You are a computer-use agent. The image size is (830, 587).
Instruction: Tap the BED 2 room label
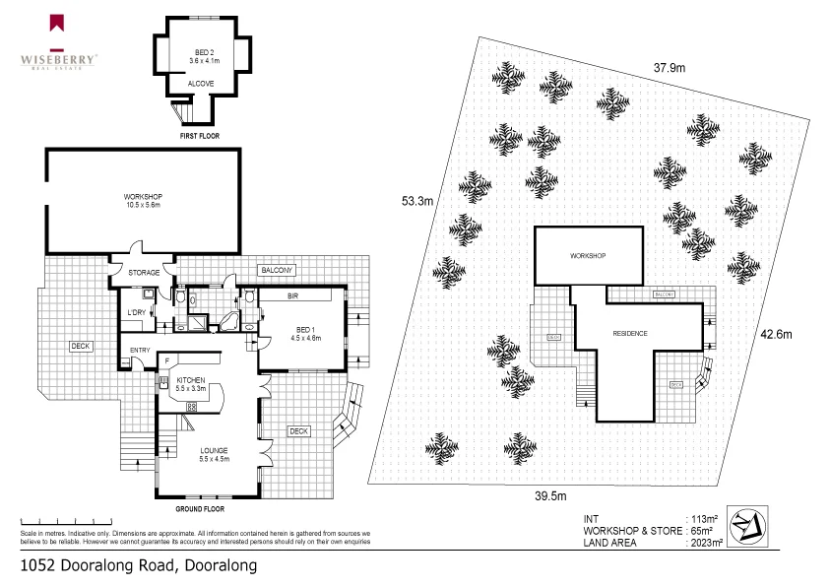point(204,55)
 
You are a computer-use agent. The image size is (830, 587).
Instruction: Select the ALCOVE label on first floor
point(202,84)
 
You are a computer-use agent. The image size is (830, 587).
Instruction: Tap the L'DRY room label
point(136,312)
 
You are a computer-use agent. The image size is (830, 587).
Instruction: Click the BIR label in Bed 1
point(292,295)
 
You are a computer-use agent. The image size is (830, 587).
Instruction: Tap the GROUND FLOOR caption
point(200,510)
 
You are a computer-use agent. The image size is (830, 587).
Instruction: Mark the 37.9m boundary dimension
point(670,68)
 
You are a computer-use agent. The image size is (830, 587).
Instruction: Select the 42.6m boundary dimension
point(776,333)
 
